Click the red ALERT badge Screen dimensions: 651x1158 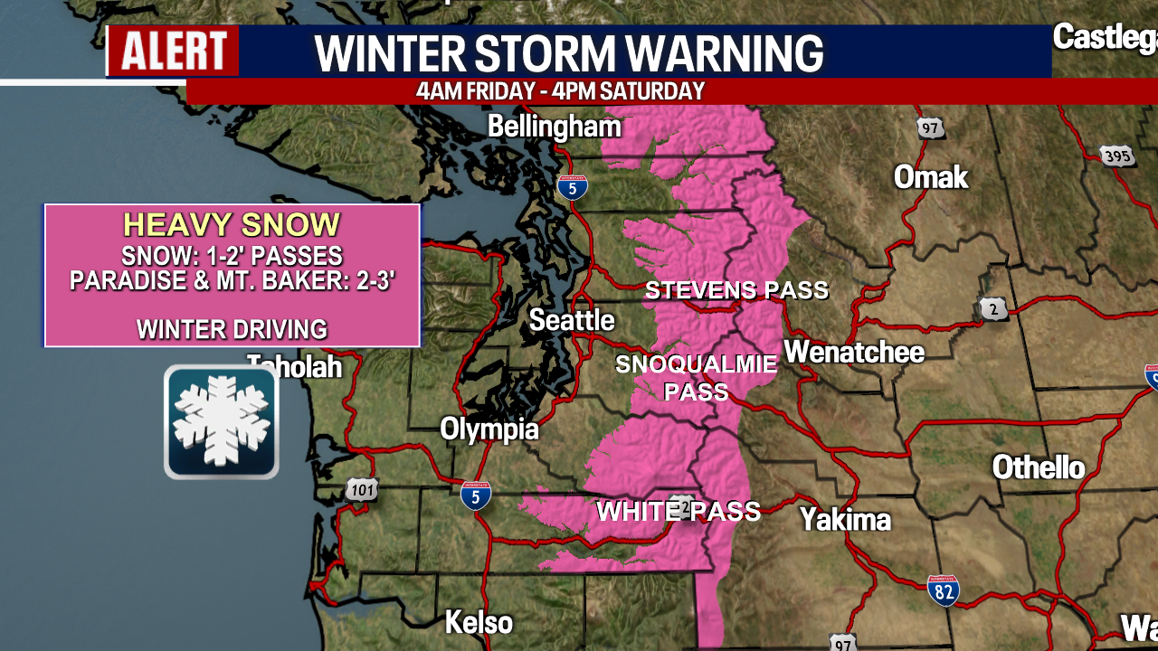(x=174, y=51)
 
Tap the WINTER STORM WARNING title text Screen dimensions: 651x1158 (x=568, y=53)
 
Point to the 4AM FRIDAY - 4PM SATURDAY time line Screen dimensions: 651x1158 (x=560, y=91)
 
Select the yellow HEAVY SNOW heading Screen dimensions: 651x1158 (x=232, y=225)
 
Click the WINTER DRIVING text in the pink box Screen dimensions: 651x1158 (x=232, y=329)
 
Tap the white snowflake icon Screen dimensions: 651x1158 (x=222, y=422)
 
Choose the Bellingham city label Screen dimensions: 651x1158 (x=555, y=127)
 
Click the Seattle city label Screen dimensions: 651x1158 (x=571, y=320)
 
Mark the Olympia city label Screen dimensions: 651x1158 (x=489, y=429)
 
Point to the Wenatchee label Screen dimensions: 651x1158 (x=854, y=352)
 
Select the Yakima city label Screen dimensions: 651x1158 (x=845, y=520)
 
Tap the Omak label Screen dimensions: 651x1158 (x=931, y=177)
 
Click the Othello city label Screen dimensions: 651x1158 (x=1039, y=467)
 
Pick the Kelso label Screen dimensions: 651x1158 (x=479, y=622)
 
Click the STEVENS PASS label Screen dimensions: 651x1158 (x=736, y=290)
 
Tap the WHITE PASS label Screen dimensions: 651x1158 (x=679, y=511)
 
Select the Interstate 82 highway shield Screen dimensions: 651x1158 (x=943, y=590)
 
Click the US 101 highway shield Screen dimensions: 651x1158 (x=361, y=490)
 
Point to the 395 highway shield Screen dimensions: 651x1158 (x=1117, y=156)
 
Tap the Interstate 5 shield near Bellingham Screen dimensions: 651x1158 (x=572, y=187)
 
